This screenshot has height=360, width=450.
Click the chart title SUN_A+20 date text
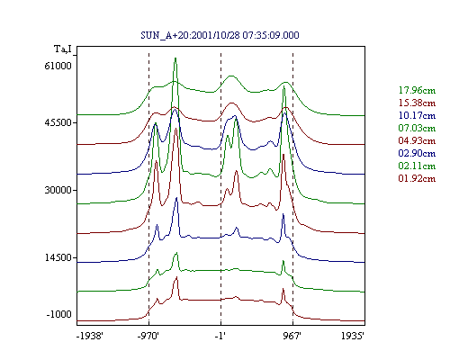(220, 35)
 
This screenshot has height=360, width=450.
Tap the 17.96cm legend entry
(417, 90)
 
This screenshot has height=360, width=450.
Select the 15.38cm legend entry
(417, 103)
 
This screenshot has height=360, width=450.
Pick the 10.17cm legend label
(417, 115)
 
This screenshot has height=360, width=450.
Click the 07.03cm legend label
(417, 128)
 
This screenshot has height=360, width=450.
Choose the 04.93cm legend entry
(417, 140)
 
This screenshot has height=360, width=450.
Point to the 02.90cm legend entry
(417, 153)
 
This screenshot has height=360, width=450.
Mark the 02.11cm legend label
(417, 166)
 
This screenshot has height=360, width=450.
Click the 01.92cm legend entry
(417, 178)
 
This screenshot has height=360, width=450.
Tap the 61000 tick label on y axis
(58, 66)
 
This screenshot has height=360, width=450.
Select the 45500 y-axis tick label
(58, 122)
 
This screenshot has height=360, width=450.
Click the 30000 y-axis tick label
(58, 190)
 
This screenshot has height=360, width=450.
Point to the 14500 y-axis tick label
(58, 257)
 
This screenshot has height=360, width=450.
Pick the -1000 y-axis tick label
(59, 314)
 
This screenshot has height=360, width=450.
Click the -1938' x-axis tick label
(90, 336)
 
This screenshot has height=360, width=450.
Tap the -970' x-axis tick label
(148, 336)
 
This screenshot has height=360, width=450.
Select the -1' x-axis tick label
(220, 336)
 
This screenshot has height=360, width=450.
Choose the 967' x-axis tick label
(292, 336)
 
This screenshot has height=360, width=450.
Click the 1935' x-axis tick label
(353, 336)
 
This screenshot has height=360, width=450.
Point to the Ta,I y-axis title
(63, 49)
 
